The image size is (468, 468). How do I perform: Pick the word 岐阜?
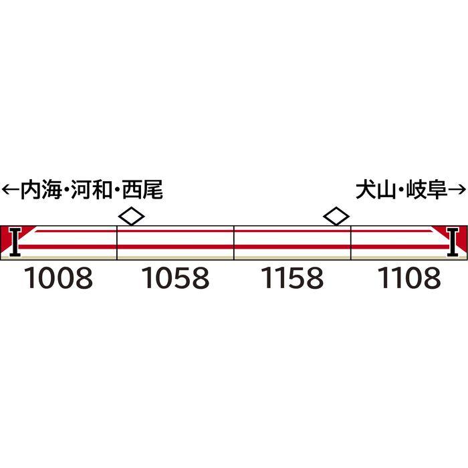[x=425, y=189]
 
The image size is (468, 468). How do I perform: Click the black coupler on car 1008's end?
[x=15, y=242]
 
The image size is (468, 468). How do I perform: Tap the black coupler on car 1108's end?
[x=453, y=242]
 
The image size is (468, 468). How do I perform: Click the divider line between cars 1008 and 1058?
[x=117, y=242]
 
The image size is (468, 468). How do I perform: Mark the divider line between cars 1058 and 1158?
[x=234, y=242]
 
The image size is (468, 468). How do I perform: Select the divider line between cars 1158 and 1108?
[x=351, y=242]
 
